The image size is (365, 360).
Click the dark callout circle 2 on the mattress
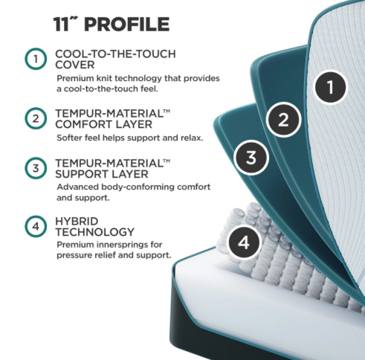[283, 119]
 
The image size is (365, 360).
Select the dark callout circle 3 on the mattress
[251, 157]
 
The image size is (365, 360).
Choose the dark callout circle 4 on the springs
[243, 242]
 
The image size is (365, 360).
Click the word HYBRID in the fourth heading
[77, 221]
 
